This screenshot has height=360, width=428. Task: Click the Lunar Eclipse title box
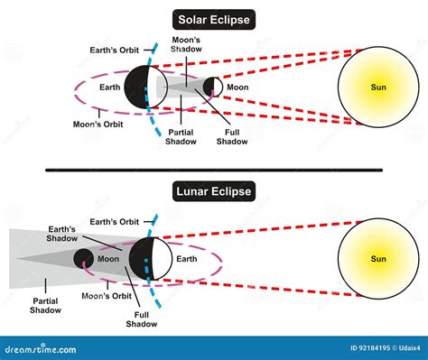coord(213,192)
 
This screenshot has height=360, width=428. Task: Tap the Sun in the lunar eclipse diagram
coord(377,260)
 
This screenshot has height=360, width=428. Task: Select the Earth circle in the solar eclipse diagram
coord(139,87)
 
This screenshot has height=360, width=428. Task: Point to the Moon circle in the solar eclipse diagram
coord(211,88)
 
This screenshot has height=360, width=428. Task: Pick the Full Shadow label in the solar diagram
coord(233,134)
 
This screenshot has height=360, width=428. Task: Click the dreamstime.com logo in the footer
coord(36,348)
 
